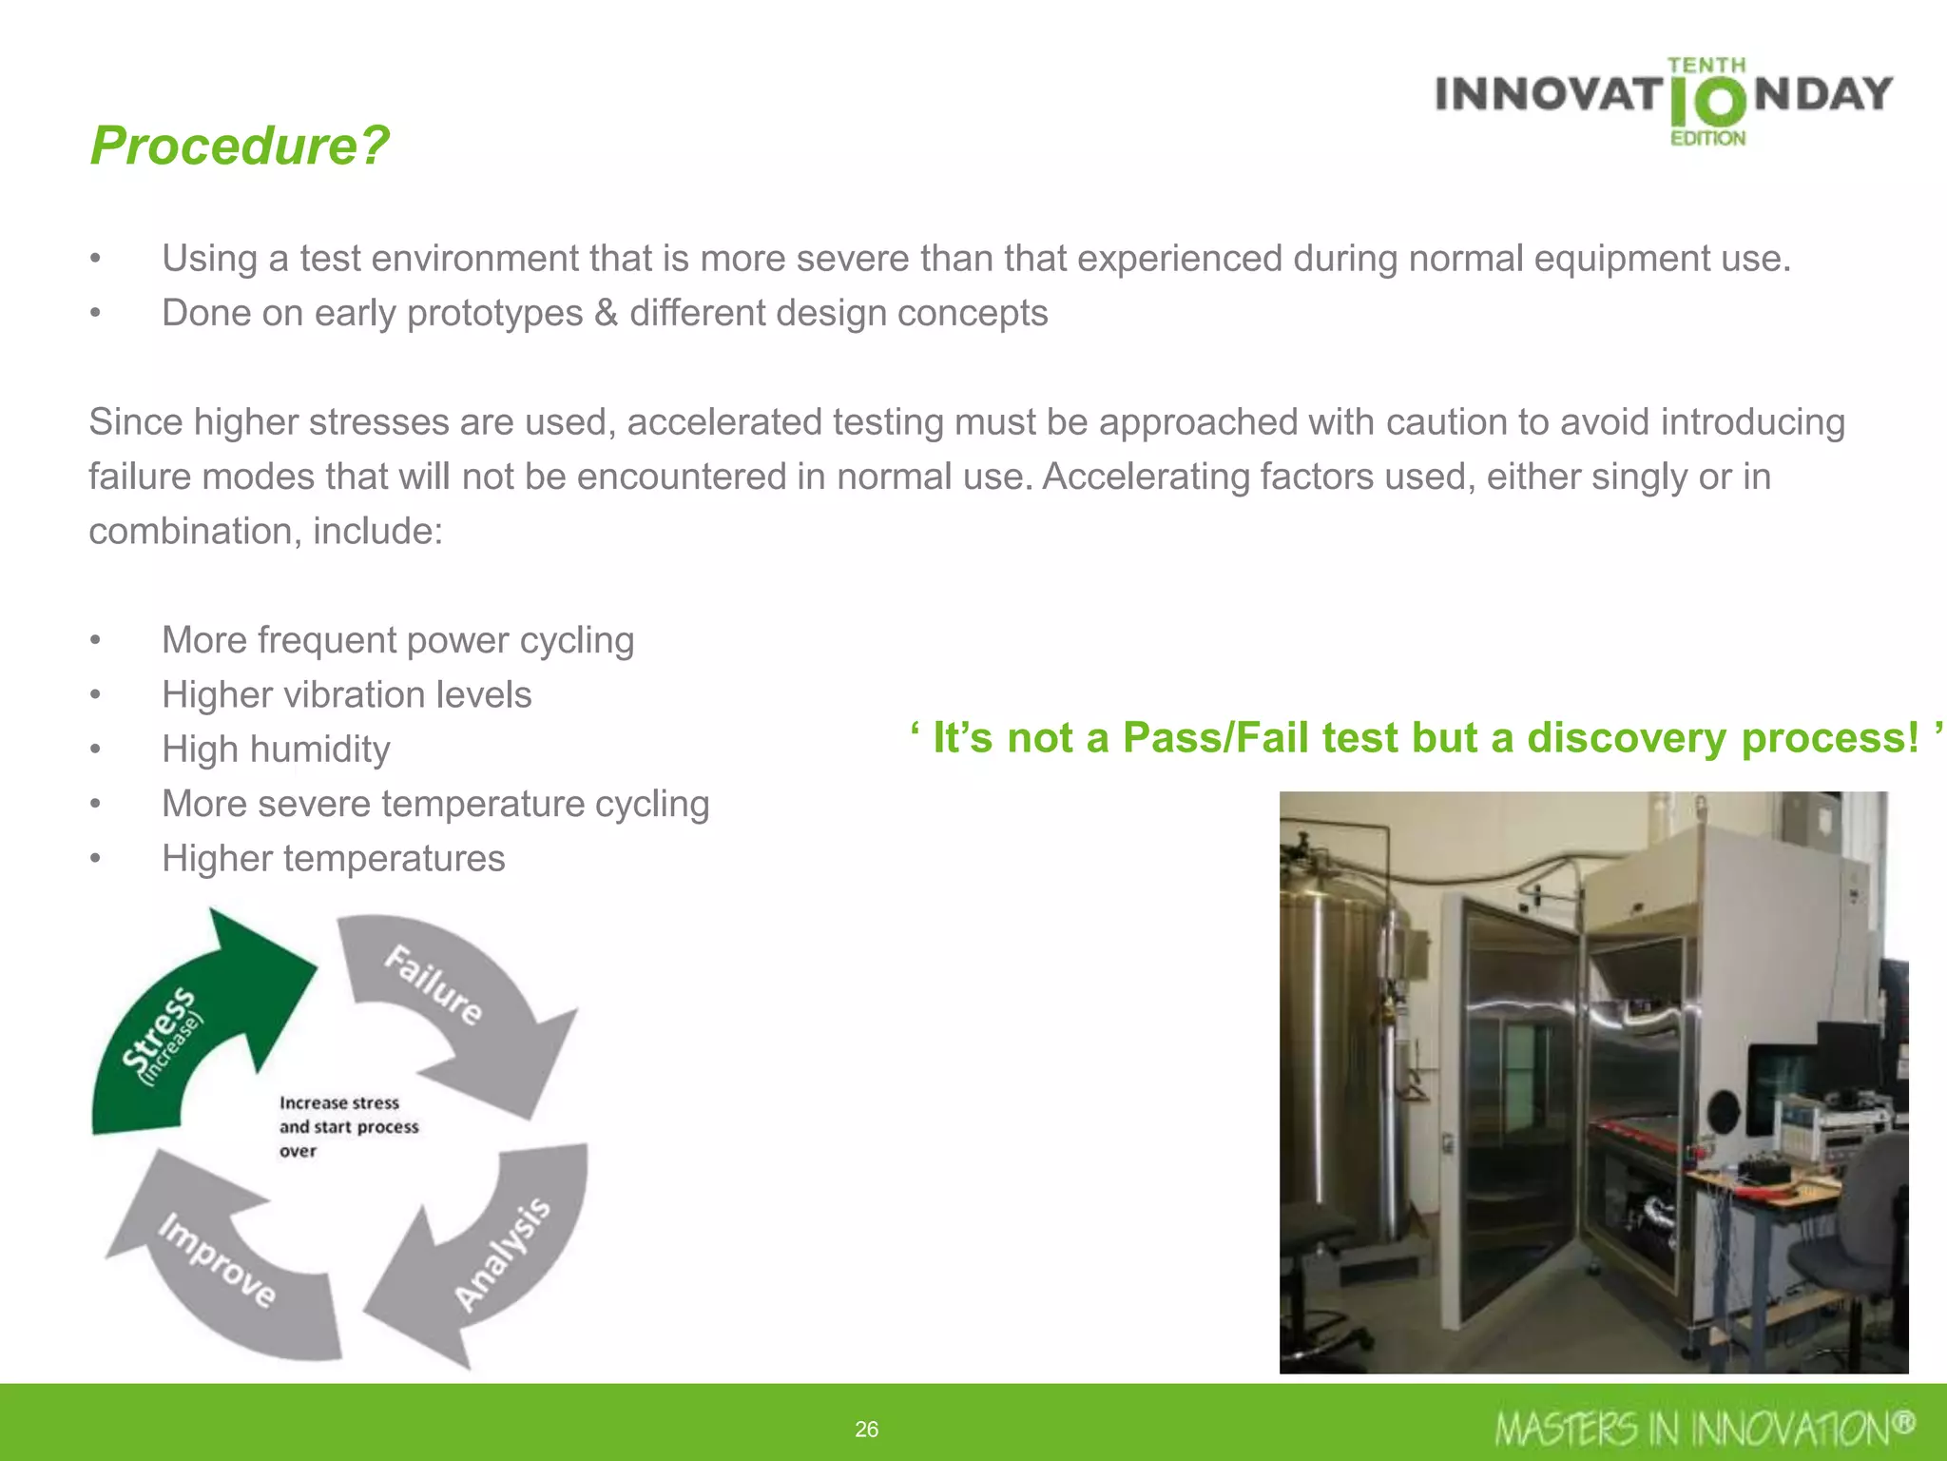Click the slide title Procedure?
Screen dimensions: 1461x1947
click(x=240, y=146)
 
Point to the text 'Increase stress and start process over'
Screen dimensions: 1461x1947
click(x=348, y=1127)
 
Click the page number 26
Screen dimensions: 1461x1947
click(x=866, y=1429)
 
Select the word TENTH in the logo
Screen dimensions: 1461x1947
click(x=1706, y=65)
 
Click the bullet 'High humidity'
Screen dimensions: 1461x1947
click(x=276, y=750)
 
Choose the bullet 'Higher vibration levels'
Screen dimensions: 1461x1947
click(x=346, y=695)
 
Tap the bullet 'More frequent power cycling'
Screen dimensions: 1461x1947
click(x=397, y=640)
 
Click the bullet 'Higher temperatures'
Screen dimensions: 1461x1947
click(x=333, y=859)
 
